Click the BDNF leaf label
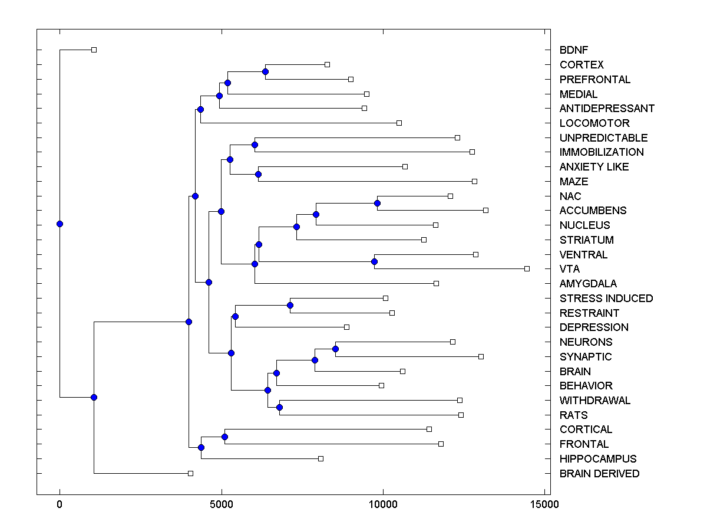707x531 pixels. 574,50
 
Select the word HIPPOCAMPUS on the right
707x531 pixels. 598,459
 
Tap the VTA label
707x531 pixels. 570,269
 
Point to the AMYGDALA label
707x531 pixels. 588,284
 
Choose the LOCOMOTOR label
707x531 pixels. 594,123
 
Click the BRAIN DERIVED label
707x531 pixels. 599,474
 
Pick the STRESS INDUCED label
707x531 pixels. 606,299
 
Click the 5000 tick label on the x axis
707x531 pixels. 222,504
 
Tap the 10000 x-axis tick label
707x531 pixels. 383,504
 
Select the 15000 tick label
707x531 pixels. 544,504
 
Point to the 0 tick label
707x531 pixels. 60,504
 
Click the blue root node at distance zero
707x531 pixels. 60,224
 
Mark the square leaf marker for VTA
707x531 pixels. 527,268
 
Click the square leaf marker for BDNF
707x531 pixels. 94,50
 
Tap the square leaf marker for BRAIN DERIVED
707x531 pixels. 190,473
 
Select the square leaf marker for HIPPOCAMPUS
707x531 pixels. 321,458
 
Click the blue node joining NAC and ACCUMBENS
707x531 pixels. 378,203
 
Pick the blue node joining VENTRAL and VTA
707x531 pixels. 374,261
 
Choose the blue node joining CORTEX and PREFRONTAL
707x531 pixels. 266,71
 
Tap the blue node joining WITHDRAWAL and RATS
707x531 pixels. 280,407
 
